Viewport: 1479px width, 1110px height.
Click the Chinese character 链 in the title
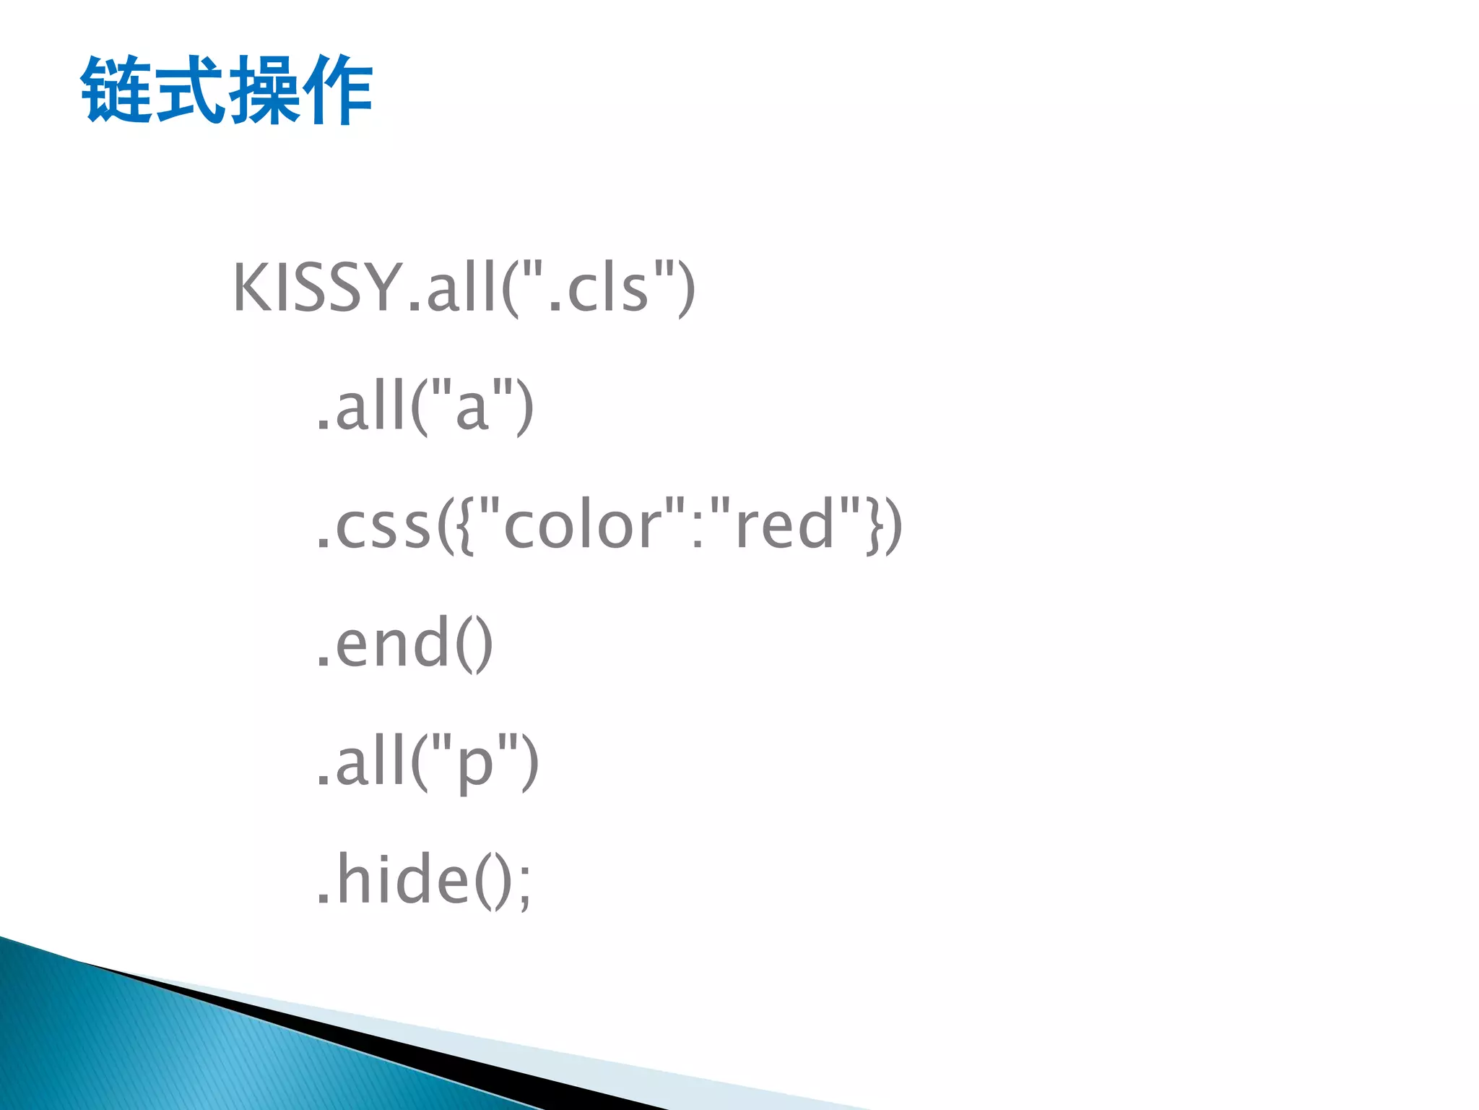click(x=117, y=90)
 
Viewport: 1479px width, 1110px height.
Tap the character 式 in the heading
click(x=191, y=90)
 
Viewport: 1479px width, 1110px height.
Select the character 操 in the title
click(x=264, y=90)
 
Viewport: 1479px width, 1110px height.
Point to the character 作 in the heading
click(x=337, y=90)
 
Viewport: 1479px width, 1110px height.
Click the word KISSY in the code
click(x=317, y=288)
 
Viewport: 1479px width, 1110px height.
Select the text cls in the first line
click(x=607, y=289)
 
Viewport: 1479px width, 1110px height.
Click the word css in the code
click(x=383, y=527)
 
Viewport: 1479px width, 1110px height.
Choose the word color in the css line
click(x=582, y=527)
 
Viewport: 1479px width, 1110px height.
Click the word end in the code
click(x=393, y=644)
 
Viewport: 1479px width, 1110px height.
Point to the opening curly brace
click(x=465, y=527)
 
